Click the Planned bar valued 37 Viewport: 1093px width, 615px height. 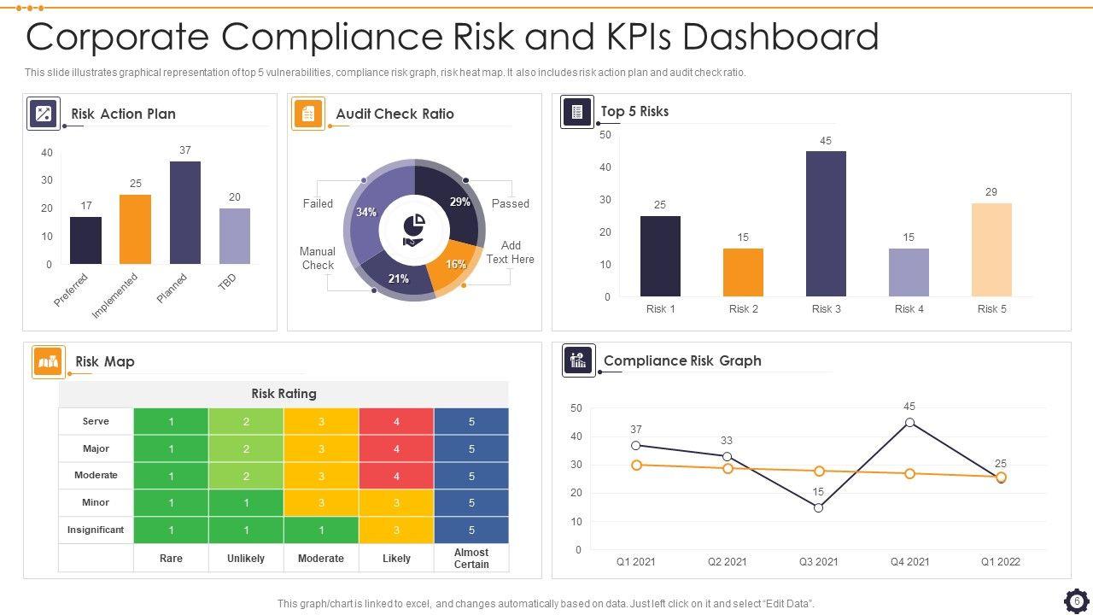click(185, 213)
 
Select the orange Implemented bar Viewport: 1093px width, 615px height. click(135, 229)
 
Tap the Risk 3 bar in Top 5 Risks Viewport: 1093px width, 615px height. click(826, 224)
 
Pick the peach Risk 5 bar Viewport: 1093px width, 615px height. click(991, 249)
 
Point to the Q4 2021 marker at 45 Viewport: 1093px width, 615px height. click(909, 423)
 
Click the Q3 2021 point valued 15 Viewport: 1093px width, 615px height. click(818, 507)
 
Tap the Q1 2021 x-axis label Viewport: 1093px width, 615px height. click(635, 562)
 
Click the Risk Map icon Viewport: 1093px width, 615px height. click(49, 361)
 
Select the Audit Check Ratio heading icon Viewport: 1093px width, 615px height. click(308, 114)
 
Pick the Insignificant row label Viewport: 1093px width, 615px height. click(96, 530)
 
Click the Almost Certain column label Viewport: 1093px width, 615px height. click(471, 559)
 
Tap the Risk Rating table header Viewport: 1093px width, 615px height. click(283, 394)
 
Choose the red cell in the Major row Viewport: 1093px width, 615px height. click(396, 448)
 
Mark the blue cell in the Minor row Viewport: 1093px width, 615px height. click(471, 503)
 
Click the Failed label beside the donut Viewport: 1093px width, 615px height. click(318, 203)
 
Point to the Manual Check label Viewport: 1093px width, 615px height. click(318, 258)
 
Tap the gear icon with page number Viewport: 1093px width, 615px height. click(1077, 601)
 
